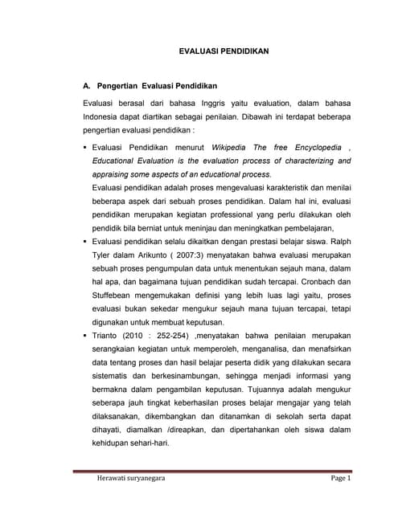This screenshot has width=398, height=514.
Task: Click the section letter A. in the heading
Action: (88, 84)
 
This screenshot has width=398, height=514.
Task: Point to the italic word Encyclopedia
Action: (310, 149)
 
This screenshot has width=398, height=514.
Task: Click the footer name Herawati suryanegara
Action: (125, 479)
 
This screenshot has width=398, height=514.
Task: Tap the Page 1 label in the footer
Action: (336, 479)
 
